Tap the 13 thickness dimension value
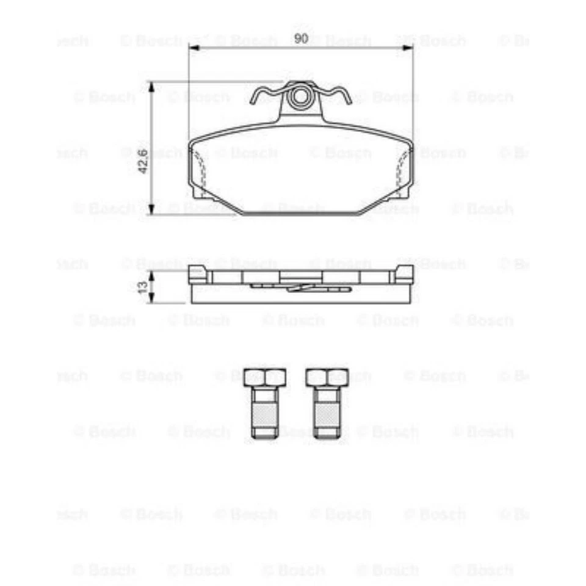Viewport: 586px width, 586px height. point(143,288)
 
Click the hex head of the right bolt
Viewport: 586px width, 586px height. point(327,377)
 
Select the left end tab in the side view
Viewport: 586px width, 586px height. point(199,275)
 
